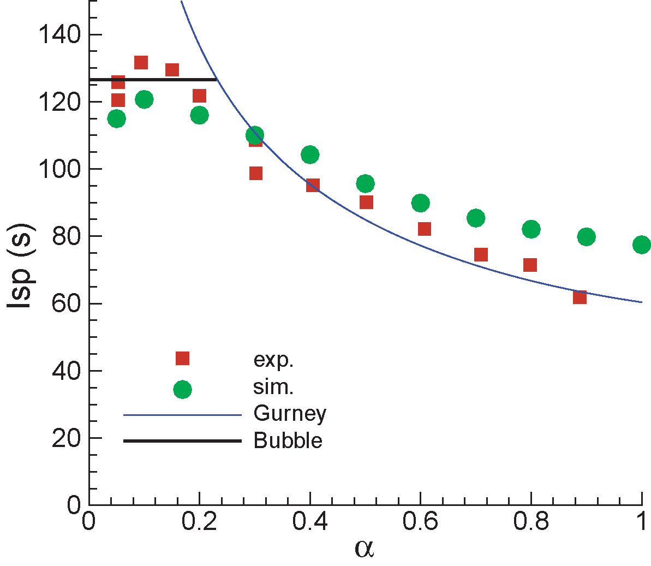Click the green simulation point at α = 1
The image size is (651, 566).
(x=641, y=245)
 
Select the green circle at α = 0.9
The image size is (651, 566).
(x=586, y=237)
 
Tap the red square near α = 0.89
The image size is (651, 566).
(x=580, y=297)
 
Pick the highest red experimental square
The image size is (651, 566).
(x=141, y=63)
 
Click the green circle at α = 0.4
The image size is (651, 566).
(x=310, y=155)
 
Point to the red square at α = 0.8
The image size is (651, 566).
(x=530, y=265)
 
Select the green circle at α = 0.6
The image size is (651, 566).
(x=420, y=203)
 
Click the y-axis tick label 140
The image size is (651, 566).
(x=59, y=35)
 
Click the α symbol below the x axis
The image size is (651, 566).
(x=364, y=549)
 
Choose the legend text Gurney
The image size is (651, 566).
(x=290, y=414)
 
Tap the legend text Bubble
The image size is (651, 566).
(x=288, y=440)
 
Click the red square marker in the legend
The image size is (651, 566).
(x=182, y=358)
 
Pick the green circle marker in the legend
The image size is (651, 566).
(x=182, y=390)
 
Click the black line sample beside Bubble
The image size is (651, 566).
(x=182, y=440)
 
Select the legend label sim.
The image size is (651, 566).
(x=273, y=387)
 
